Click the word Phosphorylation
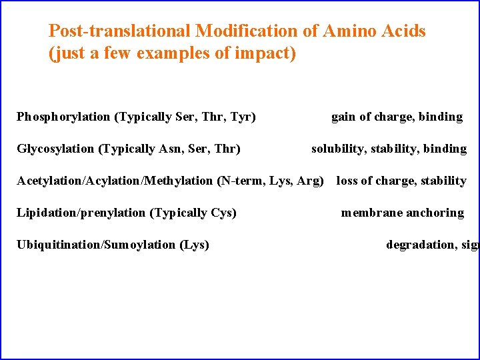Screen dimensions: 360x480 (63, 117)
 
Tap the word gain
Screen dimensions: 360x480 (343, 117)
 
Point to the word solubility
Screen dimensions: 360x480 (337, 149)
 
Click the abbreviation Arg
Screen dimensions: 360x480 (310, 181)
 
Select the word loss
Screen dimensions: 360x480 (347, 181)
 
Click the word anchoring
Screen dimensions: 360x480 (433, 213)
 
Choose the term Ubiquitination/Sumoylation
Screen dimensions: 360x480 (96, 245)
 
